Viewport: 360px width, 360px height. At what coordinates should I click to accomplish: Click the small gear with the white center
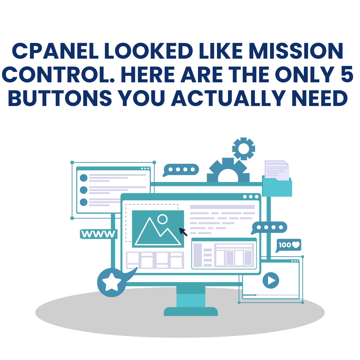coord(244,148)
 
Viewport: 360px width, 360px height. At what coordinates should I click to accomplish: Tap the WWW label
coord(98,234)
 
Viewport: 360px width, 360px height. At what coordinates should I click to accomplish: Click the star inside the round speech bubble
coord(111,282)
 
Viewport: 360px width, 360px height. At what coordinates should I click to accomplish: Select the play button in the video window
coord(271,280)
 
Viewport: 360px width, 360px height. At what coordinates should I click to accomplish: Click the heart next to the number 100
coord(296,245)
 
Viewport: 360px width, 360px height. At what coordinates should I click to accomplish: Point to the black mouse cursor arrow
coord(183,231)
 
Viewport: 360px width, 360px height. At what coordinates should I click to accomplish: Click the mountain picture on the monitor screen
coord(158,229)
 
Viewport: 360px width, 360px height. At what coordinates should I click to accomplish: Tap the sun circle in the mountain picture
coord(162,219)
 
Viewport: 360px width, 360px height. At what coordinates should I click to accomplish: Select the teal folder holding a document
coord(277,188)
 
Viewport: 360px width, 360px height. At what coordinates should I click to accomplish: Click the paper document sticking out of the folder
coord(276,169)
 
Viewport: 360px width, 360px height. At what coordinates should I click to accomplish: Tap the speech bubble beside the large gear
coord(181,169)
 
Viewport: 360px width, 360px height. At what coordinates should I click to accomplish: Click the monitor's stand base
coord(191,312)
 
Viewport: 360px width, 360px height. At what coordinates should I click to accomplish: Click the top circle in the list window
coord(84,178)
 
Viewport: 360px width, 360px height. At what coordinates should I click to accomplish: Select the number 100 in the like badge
coord(284,245)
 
